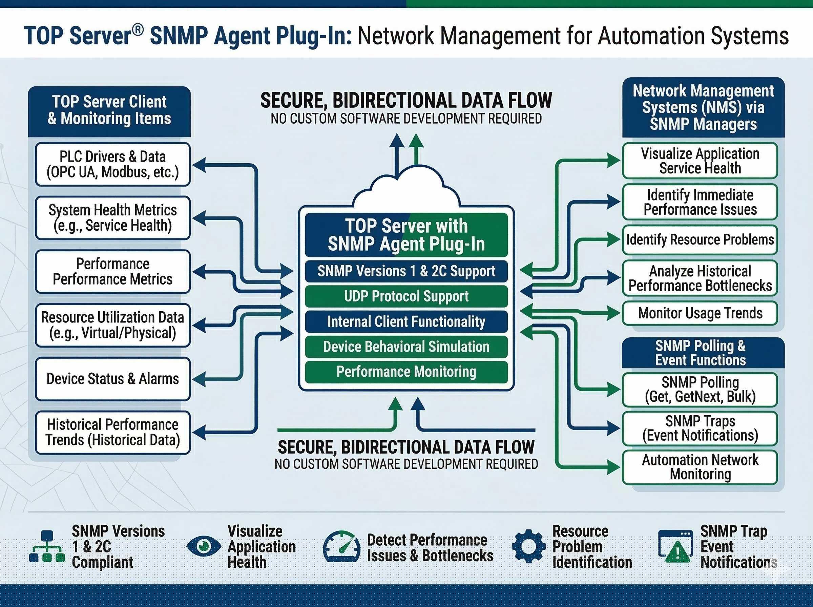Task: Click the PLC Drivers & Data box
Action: (113, 164)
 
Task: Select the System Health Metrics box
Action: (113, 218)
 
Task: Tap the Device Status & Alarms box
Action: (113, 379)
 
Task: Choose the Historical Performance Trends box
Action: (113, 433)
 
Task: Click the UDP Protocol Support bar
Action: (406, 296)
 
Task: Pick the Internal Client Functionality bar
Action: (406, 321)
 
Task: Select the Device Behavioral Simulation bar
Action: (406, 347)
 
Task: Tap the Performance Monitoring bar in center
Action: (406, 372)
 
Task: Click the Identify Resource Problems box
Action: (700, 239)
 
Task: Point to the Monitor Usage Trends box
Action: (700, 313)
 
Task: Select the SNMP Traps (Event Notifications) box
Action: (700, 428)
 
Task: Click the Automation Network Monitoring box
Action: (700, 467)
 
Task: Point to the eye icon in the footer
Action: (204, 546)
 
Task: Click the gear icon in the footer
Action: (528, 546)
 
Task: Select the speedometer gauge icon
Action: (341, 546)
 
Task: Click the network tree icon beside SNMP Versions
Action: (47, 546)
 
